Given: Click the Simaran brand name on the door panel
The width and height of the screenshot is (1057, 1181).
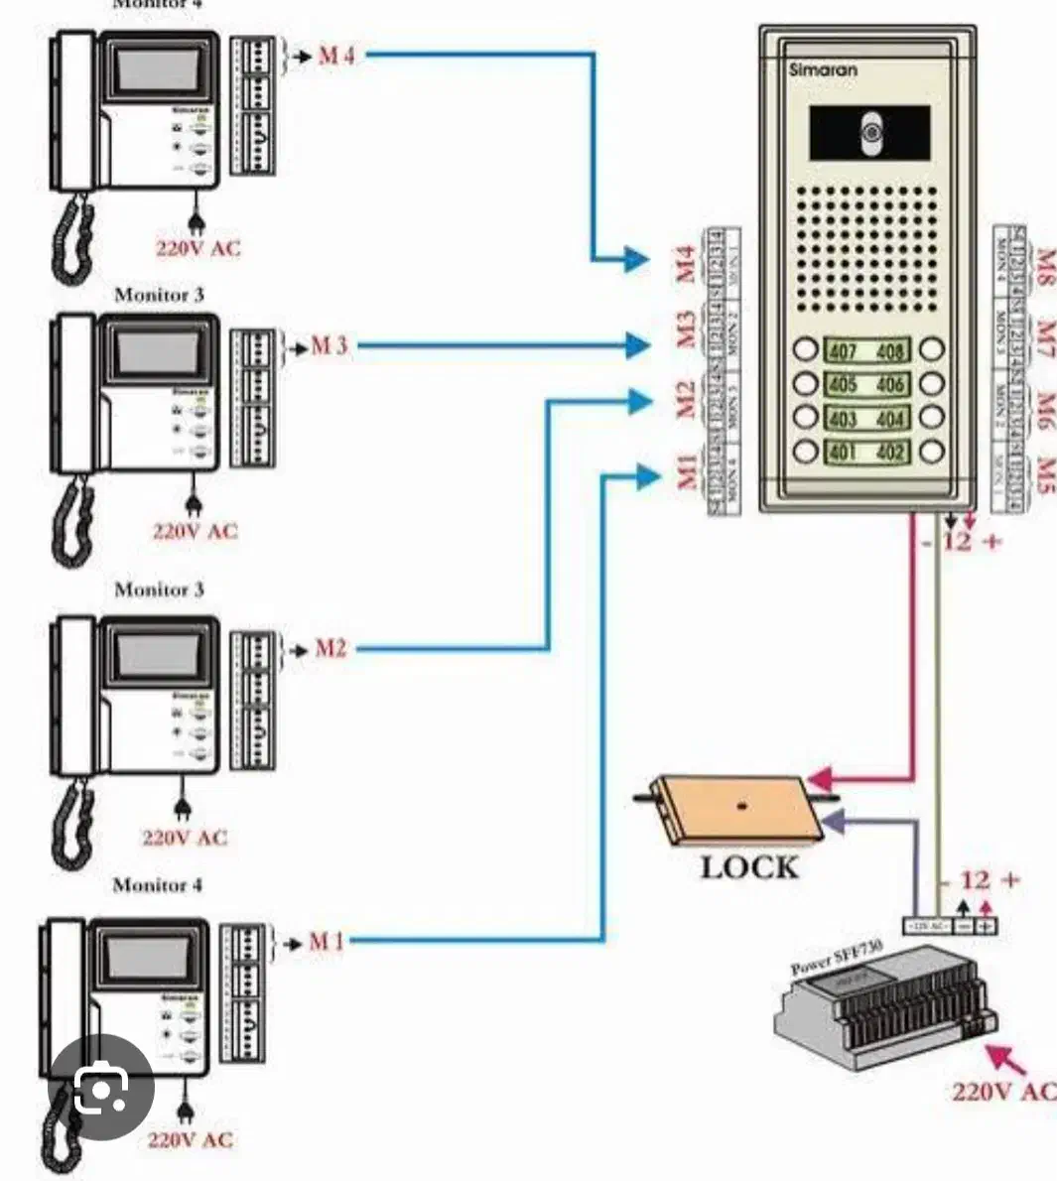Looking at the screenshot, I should pos(823,70).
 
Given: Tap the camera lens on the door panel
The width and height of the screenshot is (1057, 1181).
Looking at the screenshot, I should pos(870,133).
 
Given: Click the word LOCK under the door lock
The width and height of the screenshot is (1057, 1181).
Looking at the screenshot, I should pos(749,867).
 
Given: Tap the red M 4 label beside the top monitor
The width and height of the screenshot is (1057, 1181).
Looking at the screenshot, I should pos(335,56).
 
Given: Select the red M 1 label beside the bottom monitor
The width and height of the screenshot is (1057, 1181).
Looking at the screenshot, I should pos(326,941).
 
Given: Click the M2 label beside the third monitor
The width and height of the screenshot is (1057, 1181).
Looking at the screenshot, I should pos(330,649).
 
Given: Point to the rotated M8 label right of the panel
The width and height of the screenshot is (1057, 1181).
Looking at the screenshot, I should pos(1044,265).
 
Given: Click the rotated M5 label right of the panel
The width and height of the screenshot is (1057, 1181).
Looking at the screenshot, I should pos(1044,474).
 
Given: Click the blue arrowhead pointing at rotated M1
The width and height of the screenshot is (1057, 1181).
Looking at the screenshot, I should pos(648,478).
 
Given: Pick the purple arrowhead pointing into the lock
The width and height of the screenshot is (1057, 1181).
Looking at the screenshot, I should pos(832,822).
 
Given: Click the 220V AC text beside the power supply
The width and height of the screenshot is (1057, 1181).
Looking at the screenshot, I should pos(1002,1093).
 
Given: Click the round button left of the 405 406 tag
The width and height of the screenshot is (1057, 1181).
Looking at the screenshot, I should pos(805,384).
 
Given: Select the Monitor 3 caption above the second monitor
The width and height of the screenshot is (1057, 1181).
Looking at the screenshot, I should pos(159,295).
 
